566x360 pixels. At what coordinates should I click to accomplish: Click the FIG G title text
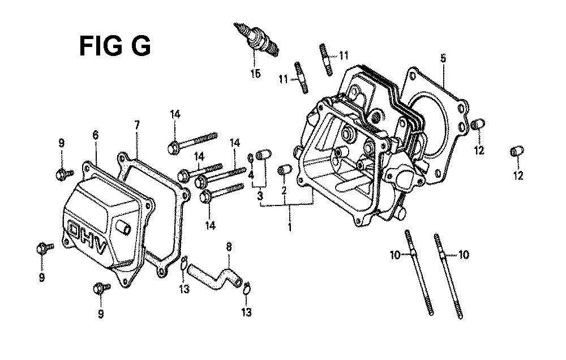pos(115,46)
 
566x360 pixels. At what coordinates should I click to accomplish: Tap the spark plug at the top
pos(256,40)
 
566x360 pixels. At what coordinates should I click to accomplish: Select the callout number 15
pos(255,74)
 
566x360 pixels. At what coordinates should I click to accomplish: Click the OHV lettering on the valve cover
pos(88,237)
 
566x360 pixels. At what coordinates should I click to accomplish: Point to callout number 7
pos(137,125)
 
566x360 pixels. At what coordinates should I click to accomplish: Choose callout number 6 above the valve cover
pos(95,135)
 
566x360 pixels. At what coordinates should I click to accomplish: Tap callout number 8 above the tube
pos(229,247)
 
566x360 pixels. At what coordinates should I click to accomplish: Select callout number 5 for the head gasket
pos(443,58)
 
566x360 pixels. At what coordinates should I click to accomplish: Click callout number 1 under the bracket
pos(289,227)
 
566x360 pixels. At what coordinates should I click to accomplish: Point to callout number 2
pos(284,190)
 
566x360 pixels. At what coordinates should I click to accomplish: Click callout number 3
pos(260,196)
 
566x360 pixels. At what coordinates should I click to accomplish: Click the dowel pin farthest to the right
pos(517,151)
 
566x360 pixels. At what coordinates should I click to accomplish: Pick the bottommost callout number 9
pos(101,314)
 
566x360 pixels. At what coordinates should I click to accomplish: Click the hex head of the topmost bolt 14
pos(173,148)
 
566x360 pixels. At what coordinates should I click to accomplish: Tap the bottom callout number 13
pos(247,312)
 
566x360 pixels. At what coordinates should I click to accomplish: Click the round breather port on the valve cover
pos(123,228)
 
